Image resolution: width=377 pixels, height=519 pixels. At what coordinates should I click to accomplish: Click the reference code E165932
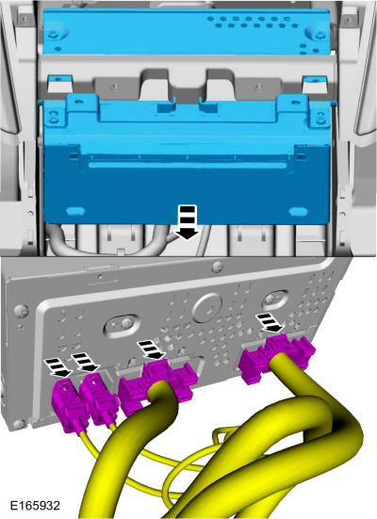35,506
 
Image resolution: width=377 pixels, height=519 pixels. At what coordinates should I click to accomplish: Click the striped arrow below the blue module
188,222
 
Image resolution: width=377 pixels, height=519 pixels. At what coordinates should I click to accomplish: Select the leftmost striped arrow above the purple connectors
58,367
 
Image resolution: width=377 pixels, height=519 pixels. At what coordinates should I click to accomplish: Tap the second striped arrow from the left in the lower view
86,362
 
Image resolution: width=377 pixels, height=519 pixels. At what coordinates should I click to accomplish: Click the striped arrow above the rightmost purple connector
270,323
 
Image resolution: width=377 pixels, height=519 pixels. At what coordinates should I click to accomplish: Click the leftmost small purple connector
68,406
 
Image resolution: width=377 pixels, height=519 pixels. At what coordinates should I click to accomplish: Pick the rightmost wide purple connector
276,357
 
